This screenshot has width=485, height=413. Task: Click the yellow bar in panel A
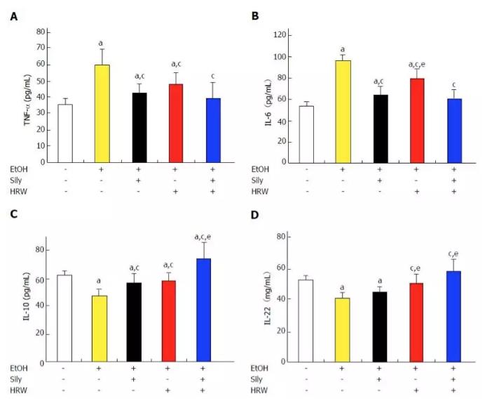point(102,114)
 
